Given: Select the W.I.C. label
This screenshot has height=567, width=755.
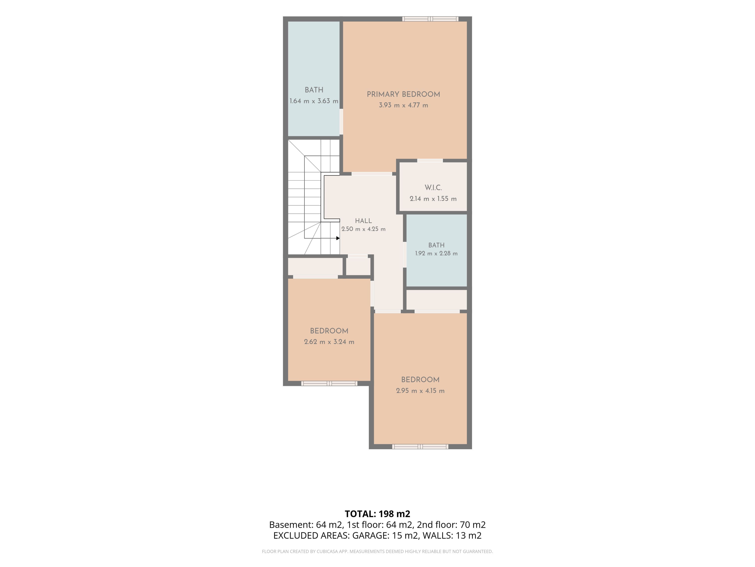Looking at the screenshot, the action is coord(433,188).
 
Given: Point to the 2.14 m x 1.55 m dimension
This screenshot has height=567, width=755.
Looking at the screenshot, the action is coord(433,199).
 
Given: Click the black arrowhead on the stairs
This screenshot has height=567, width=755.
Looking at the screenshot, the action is coord(338,238).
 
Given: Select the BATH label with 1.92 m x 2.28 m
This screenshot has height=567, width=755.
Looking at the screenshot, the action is coord(436,245).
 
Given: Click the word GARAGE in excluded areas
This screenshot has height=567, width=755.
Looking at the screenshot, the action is coord(370,535).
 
